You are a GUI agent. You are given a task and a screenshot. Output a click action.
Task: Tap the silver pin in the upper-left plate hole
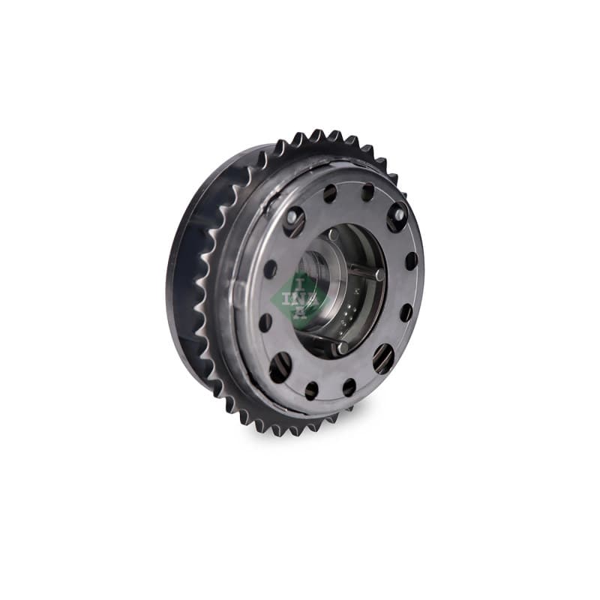click(292, 217)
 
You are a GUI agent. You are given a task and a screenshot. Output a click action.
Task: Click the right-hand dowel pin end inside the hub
click(379, 273)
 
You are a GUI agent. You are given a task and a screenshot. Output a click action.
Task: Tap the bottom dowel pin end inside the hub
click(342, 347)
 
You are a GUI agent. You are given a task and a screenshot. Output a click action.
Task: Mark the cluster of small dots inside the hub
click(350, 309)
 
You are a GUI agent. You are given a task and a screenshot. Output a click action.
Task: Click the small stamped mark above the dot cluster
click(356, 291)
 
